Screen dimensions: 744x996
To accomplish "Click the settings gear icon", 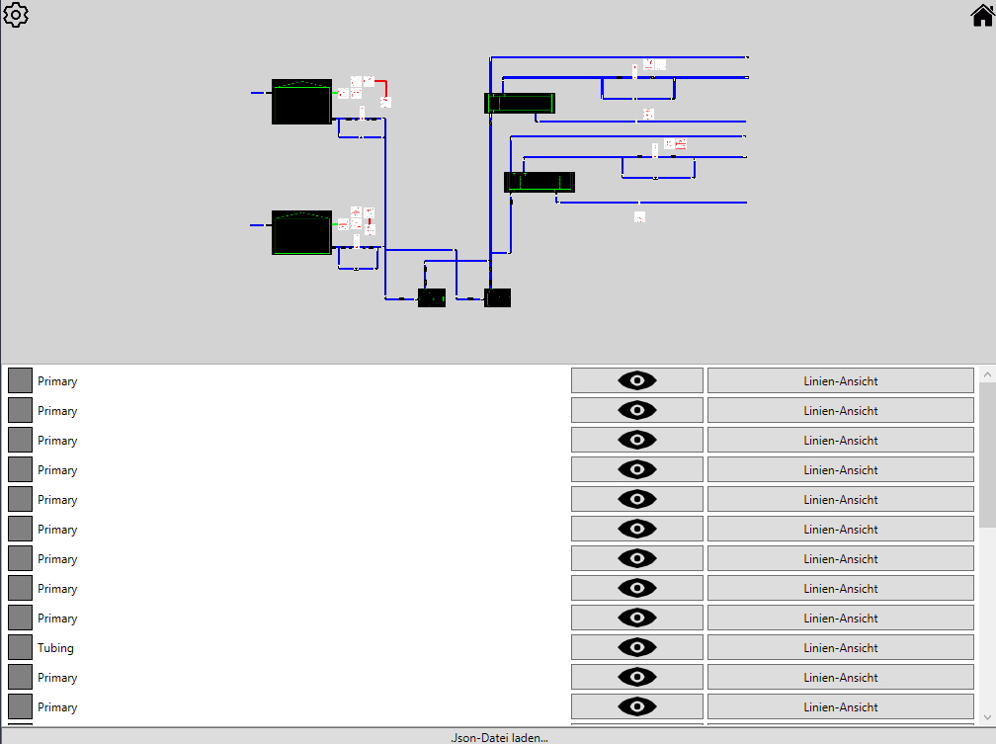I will pyautogui.click(x=17, y=15).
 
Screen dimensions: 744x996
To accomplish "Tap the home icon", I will pyautogui.click(x=982, y=16).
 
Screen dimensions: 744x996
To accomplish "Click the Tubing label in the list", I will pyautogui.click(x=55, y=648).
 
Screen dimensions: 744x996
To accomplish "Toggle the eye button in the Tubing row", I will pyautogui.click(x=637, y=647).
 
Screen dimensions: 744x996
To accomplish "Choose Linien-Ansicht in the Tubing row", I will pyautogui.click(x=840, y=647).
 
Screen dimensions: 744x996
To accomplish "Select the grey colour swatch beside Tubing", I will pyautogui.click(x=20, y=647).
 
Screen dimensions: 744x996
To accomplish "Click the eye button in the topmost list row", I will pyautogui.click(x=637, y=380).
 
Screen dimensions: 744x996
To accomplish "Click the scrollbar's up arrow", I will pyautogui.click(x=987, y=375).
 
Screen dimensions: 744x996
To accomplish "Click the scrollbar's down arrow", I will pyautogui.click(x=987, y=717).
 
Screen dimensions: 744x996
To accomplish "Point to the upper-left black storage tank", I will pyautogui.click(x=301, y=102).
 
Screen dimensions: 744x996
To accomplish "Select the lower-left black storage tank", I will pyautogui.click(x=301, y=232).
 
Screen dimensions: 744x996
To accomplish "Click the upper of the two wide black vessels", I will pyautogui.click(x=520, y=103).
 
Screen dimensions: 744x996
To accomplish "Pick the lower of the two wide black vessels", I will pyautogui.click(x=539, y=182).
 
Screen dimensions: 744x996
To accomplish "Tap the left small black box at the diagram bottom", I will pyautogui.click(x=432, y=297).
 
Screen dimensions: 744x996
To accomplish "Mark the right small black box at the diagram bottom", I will pyautogui.click(x=498, y=297).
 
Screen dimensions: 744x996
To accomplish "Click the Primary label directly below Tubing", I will pyautogui.click(x=57, y=678).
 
